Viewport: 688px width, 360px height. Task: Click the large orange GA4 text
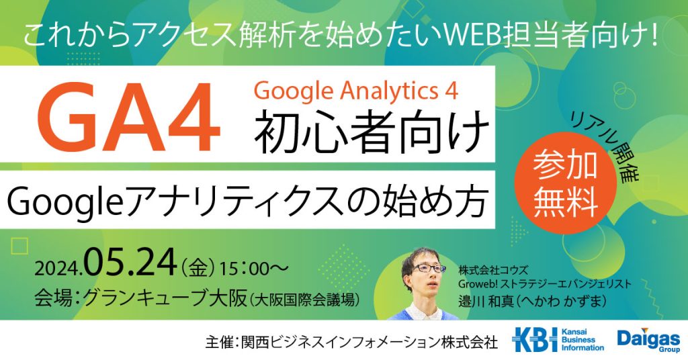pos(132,117)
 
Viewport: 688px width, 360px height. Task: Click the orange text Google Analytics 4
pos(356,91)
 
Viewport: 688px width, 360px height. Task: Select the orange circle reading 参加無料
pos(566,184)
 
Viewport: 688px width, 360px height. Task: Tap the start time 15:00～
pos(255,268)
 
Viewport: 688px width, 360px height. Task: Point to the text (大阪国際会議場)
pos(305,300)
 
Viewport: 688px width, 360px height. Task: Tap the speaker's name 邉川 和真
pos(486,302)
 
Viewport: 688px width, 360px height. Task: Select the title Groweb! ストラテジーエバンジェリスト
pos(545,284)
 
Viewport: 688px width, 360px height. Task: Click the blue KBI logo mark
pos(534,339)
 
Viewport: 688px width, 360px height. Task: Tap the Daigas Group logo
pos(648,340)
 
